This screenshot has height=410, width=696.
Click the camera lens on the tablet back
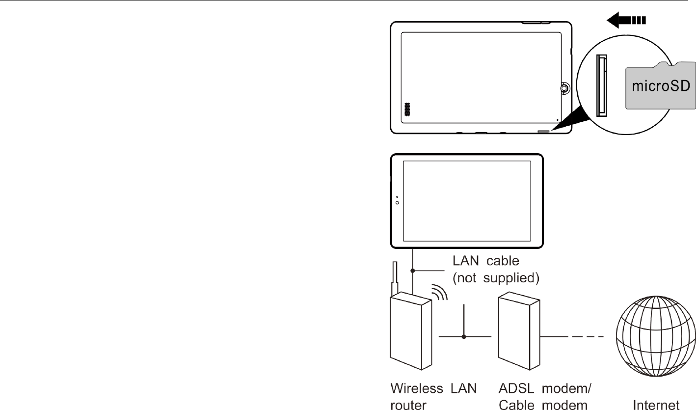coord(564,88)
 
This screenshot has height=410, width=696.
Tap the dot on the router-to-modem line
coord(464,337)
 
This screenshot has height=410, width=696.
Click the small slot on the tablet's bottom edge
coord(544,132)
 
